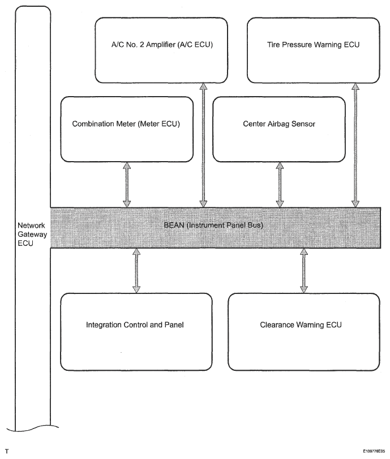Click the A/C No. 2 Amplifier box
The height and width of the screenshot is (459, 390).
pos(161,50)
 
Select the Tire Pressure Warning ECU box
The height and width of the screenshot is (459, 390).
pos(314,50)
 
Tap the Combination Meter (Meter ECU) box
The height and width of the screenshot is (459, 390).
pos(127,129)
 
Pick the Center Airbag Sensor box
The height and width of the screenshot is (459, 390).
pos(279,129)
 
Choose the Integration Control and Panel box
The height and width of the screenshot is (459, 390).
pos(136,332)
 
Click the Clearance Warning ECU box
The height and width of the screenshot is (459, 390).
pos(304,332)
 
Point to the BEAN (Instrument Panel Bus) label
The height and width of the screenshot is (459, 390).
pos(213,225)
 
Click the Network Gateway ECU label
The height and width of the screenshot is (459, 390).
pos(32,234)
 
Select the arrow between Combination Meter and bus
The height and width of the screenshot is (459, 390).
pos(127,185)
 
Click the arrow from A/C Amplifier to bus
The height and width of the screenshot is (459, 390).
pos(203,145)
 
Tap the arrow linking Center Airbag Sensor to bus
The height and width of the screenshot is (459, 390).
pos(280,185)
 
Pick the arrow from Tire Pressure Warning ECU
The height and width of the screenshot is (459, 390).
pos(355,145)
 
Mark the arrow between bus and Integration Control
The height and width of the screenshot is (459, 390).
pos(136,271)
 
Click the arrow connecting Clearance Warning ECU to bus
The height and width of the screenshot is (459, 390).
pos(304,271)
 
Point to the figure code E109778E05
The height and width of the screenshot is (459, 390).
pos(374,451)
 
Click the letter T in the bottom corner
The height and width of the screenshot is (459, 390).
pos(7,451)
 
